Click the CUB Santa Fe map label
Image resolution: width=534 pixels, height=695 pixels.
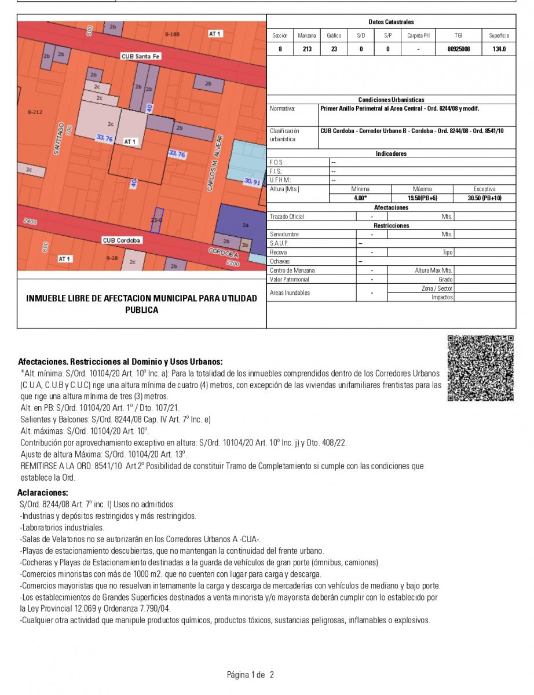(x=140, y=56)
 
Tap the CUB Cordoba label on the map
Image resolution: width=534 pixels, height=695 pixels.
(x=122, y=240)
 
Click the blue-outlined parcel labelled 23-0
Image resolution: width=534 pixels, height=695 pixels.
(x=158, y=220)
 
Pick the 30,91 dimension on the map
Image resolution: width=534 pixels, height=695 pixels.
(x=253, y=182)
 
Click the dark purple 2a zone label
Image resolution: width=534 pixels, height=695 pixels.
(x=246, y=225)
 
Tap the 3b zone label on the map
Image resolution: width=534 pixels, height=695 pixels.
(x=245, y=244)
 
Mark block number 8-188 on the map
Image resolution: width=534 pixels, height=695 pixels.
(x=172, y=34)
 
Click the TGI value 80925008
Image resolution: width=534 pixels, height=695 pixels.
(x=459, y=49)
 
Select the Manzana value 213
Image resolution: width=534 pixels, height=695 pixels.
(x=307, y=49)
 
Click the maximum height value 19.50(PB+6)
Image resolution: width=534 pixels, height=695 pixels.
(x=422, y=197)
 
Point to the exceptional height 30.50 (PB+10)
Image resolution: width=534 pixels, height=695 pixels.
(x=484, y=197)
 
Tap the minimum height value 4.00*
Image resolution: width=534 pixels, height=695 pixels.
(x=360, y=197)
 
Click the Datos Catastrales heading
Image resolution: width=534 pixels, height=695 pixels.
(x=391, y=22)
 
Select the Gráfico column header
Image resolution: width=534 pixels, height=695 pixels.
(x=334, y=35)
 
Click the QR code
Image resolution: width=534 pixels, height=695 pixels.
(x=480, y=368)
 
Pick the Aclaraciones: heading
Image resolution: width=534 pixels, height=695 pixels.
(x=43, y=492)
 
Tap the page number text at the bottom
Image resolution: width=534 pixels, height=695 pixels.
(x=250, y=675)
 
